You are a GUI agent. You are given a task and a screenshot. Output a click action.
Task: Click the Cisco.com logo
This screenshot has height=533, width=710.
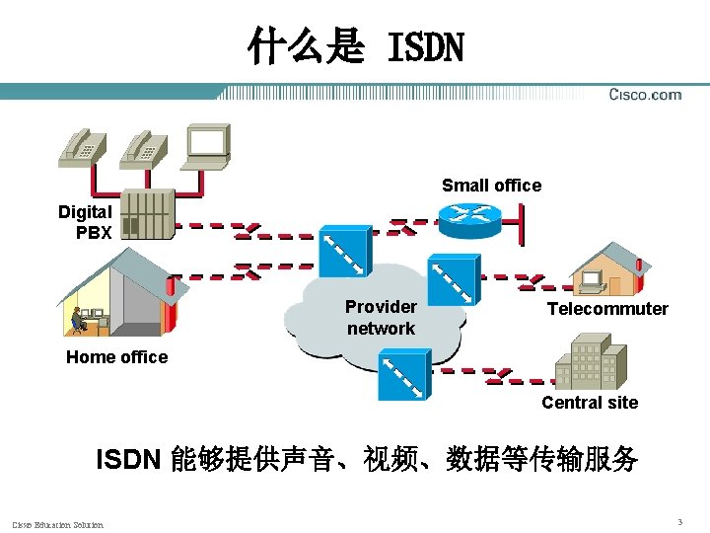click(x=645, y=95)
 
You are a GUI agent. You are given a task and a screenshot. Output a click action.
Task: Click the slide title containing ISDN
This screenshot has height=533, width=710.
click(x=355, y=45)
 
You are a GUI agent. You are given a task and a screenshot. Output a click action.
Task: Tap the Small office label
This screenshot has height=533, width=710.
click(x=491, y=186)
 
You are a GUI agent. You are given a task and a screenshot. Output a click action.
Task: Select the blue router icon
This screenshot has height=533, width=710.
click(x=470, y=219)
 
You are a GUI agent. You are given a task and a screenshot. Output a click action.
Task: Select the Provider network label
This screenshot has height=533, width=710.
click(x=381, y=317)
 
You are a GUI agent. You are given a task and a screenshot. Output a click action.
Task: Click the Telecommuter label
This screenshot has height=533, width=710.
click(x=607, y=309)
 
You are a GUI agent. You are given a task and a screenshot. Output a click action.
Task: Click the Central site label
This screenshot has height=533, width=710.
click(x=590, y=403)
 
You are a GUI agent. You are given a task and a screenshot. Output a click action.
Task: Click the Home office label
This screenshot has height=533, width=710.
click(x=116, y=357)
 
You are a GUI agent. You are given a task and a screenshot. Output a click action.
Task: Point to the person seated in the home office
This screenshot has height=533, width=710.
click(x=77, y=320)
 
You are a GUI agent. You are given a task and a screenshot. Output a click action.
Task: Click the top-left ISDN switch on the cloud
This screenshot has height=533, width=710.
click(x=344, y=252)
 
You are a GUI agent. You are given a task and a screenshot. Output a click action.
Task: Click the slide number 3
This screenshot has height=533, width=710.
click(x=679, y=521)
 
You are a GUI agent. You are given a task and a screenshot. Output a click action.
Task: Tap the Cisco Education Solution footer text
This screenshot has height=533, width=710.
click(x=57, y=524)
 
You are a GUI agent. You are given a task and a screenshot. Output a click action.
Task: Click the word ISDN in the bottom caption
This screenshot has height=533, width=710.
click(x=127, y=460)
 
